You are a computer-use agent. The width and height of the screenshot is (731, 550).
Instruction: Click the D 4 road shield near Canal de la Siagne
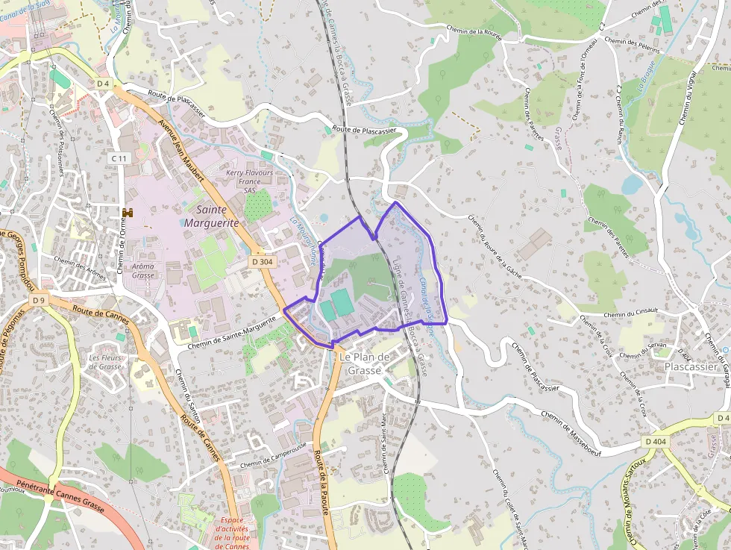point(103,84)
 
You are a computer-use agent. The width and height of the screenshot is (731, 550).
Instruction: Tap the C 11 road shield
point(119,158)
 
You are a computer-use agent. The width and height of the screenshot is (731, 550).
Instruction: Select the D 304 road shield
point(262,262)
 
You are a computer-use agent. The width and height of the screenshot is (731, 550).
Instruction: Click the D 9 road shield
point(39,300)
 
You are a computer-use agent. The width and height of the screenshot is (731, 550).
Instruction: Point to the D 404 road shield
point(656,442)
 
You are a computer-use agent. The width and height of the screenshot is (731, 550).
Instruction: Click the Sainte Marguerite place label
point(213,216)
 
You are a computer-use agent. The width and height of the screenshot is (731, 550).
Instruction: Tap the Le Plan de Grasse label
point(365,363)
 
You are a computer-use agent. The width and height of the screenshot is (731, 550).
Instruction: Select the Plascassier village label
point(691,367)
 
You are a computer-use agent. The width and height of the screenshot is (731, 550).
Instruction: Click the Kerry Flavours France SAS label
point(249,181)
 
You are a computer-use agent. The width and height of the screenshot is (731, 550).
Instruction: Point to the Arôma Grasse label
point(142,270)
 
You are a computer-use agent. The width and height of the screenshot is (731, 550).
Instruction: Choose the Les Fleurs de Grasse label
point(105,362)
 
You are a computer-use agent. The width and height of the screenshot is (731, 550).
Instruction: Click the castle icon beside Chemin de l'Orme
point(128,213)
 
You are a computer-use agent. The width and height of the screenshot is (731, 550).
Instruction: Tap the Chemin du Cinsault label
point(631,314)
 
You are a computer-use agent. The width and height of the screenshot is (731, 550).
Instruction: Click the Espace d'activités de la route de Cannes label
point(231,533)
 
